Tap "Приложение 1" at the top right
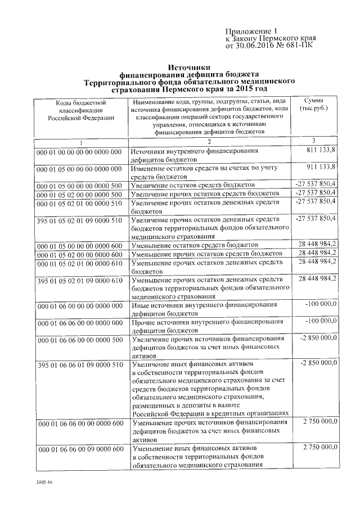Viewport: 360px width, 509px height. pos(251,31)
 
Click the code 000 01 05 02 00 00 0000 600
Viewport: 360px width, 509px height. pos(79,255)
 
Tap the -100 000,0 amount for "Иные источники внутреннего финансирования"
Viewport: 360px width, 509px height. pos(319,304)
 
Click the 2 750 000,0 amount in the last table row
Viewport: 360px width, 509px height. pos(319,447)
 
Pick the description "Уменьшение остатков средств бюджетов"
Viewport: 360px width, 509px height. pos(194,246)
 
